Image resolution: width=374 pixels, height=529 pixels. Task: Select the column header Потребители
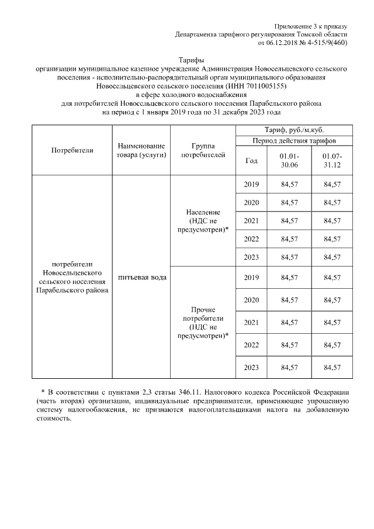pos(72,150)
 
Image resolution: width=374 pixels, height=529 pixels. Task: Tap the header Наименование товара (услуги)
pos(141,150)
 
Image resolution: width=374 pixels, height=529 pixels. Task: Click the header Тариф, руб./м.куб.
pos(295,130)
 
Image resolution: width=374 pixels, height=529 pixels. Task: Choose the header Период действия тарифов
pos(295,141)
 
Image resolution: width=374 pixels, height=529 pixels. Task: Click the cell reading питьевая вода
pos(141,277)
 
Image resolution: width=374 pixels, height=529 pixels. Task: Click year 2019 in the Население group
pos(251,185)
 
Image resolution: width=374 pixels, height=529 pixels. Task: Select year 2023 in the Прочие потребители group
pos(251,367)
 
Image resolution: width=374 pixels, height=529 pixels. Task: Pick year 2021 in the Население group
pos(251,221)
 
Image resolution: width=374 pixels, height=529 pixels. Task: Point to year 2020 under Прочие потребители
pos(251,300)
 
